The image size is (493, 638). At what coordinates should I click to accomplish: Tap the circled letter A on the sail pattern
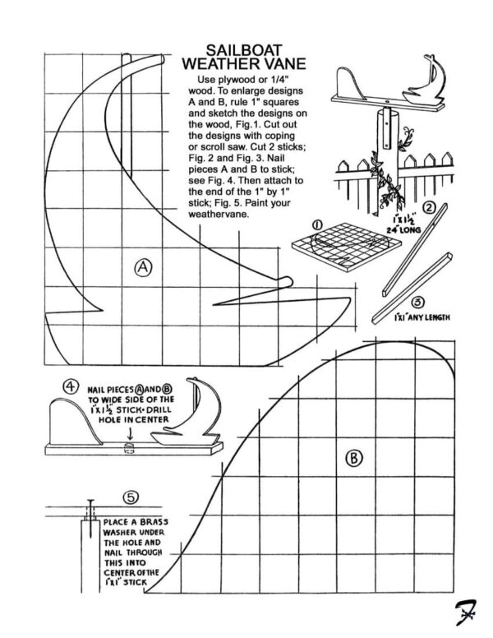tap(145, 266)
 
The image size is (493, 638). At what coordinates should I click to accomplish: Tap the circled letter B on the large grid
tap(353, 457)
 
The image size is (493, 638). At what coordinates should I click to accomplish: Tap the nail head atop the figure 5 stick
tap(90, 503)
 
